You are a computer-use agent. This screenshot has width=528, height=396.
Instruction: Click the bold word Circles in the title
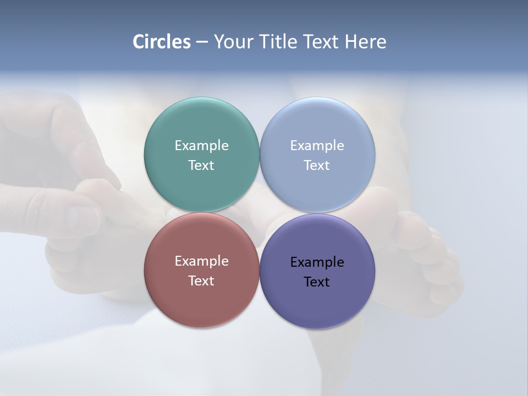pyautogui.click(x=162, y=42)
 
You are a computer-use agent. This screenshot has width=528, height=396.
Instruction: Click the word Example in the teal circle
pyautogui.click(x=201, y=146)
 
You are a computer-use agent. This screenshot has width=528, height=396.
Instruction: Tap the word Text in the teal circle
pyautogui.click(x=201, y=166)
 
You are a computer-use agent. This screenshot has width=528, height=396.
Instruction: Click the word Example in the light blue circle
pyautogui.click(x=317, y=146)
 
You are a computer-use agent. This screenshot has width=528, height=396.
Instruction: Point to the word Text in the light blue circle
pyautogui.click(x=317, y=166)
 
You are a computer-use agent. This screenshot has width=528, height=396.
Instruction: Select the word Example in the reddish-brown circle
pyautogui.click(x=201, y=261)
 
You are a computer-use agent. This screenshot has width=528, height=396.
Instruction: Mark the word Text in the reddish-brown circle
pyautogui.click(x=201, y=281)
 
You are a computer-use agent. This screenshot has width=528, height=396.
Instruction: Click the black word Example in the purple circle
pyautogui.click(x=317, y=262)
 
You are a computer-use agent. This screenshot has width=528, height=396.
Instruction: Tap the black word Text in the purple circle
pyautogui.click(x=317, y=282)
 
